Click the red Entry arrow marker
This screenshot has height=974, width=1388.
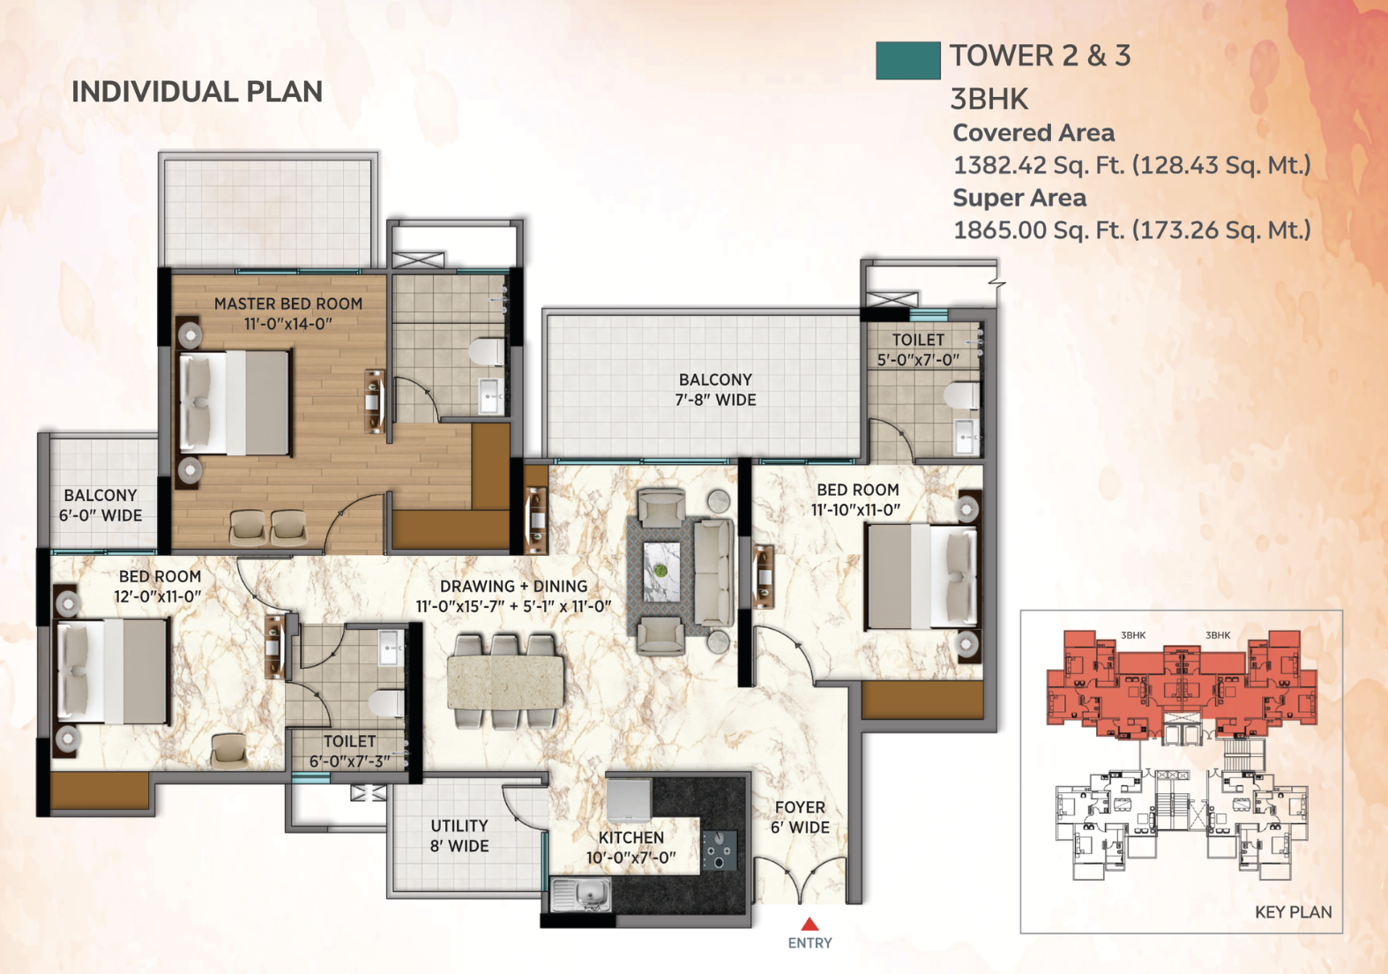point(810,925)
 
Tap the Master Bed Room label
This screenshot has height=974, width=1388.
point(288,303)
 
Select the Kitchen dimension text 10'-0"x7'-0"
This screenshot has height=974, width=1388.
point(631,858)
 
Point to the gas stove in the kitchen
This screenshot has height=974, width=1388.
point(719,850)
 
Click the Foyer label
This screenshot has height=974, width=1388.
point(800,807)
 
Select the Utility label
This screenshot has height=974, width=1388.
point(459,826)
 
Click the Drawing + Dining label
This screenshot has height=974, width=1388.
point(514,586)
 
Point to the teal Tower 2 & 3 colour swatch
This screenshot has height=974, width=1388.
point(907,61)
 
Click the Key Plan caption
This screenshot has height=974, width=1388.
point(1293,912)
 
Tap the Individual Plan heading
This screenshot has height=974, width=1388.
point(197,92)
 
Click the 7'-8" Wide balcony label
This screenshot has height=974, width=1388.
point(716,400)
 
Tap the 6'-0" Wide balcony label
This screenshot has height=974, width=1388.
point(101,515)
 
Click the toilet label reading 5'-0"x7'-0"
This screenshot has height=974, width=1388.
point(918,360)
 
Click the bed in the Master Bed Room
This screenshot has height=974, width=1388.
point(235,403)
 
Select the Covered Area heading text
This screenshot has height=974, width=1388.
point(1034,132)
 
